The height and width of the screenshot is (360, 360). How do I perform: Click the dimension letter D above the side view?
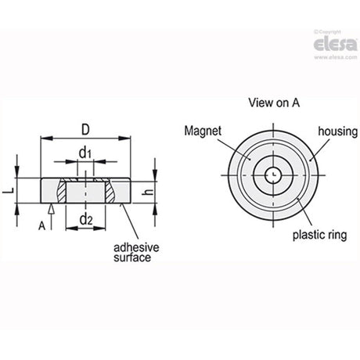(85, 130)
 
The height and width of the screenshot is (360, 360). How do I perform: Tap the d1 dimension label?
(85, 153)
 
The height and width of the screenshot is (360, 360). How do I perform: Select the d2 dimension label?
(86, 219)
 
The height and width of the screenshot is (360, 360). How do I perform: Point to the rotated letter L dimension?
(9, 191)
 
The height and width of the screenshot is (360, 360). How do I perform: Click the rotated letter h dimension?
(149, 192)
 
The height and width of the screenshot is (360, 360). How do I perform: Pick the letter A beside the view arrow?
(41, 226)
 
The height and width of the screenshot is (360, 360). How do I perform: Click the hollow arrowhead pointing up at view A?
(52, 209)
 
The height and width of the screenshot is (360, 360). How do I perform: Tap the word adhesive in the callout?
(136, 247)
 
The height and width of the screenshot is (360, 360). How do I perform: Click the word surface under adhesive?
(132, 257)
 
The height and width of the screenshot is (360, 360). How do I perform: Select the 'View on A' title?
(274, 103)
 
